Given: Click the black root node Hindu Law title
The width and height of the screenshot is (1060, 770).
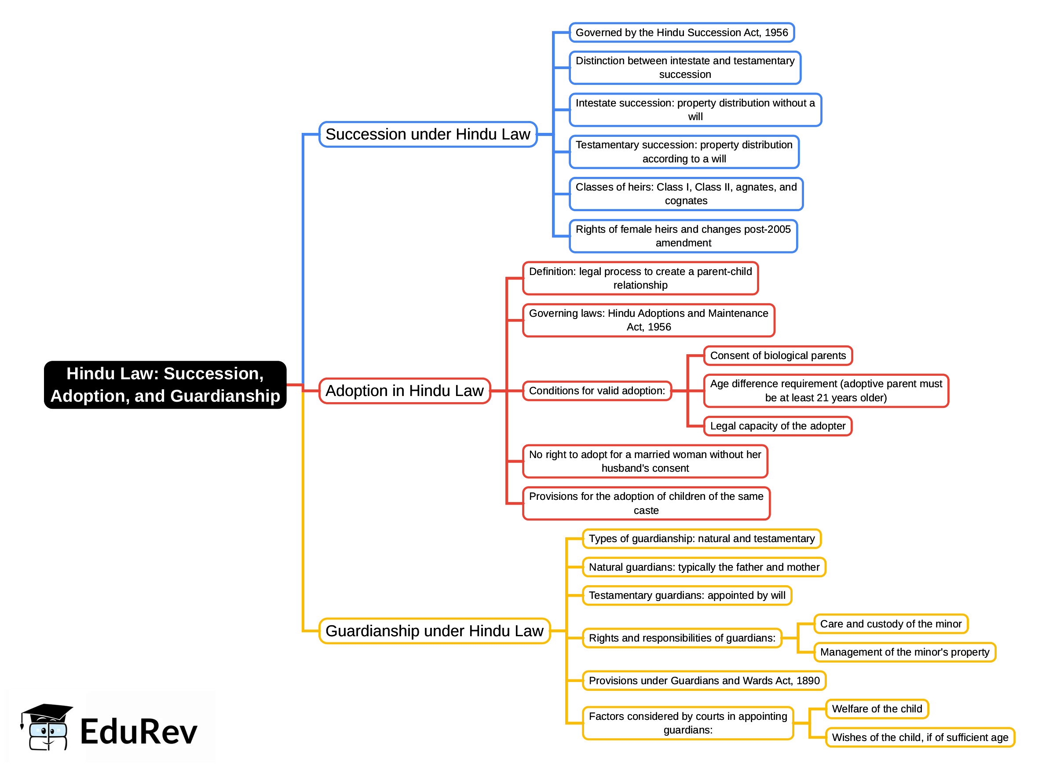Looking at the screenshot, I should pos(165,385).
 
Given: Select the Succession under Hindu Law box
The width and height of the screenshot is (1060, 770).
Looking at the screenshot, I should pos(428,134).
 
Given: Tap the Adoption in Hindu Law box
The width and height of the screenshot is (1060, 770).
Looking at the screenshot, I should pos(404,391).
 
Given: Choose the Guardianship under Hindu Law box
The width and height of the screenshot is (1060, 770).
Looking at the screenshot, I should pos(434,631).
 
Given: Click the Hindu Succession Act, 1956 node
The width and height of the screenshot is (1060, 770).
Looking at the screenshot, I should pos(681,32).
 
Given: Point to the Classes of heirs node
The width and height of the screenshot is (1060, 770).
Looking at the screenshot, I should pos(686,194).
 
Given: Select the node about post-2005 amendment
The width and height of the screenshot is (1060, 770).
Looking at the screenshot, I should pos(683,236).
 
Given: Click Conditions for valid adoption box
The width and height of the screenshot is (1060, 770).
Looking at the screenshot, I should pos(597,391).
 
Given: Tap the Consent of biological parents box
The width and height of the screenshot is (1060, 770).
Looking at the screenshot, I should pos(778,356).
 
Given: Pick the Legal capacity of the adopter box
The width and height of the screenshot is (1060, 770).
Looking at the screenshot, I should pos(778,426).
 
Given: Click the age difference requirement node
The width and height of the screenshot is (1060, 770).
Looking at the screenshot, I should pos(826,391).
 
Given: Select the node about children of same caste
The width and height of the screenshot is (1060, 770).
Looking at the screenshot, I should pos(646,503).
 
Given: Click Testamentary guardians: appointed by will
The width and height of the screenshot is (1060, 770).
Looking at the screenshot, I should pos(687,595).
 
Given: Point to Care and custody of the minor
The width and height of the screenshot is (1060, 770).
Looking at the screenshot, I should pos(890,623).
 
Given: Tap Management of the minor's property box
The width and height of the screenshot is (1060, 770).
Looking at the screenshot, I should pos(904,652).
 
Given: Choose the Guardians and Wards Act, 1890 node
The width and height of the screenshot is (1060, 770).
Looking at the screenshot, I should pos(704,681).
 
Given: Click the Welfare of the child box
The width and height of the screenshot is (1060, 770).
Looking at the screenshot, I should pos(877,709).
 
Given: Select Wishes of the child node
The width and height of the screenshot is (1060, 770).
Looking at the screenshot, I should pos(920,737).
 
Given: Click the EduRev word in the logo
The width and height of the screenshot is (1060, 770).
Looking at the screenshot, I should pos(139,732).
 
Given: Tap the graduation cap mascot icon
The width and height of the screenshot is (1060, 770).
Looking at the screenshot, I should pos(47,727).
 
